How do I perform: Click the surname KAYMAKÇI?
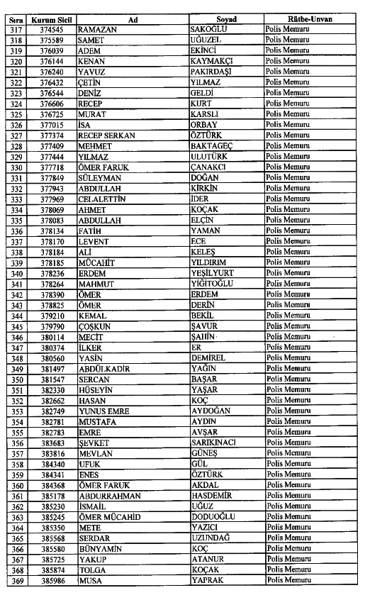[x=215, y=62]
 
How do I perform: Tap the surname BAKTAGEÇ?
[x=213, y=145]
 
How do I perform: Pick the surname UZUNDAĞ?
[x=213, y=538]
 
